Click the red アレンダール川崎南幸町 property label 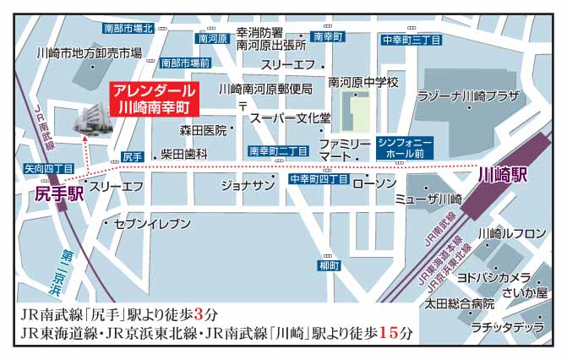click(155, 99)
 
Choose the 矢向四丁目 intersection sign click(49, 169)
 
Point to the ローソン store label click(373, 183)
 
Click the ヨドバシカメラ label click(493, 277)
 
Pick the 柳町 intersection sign click(330, 265)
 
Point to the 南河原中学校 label click(363, 82)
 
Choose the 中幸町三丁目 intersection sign click(411, 39)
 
